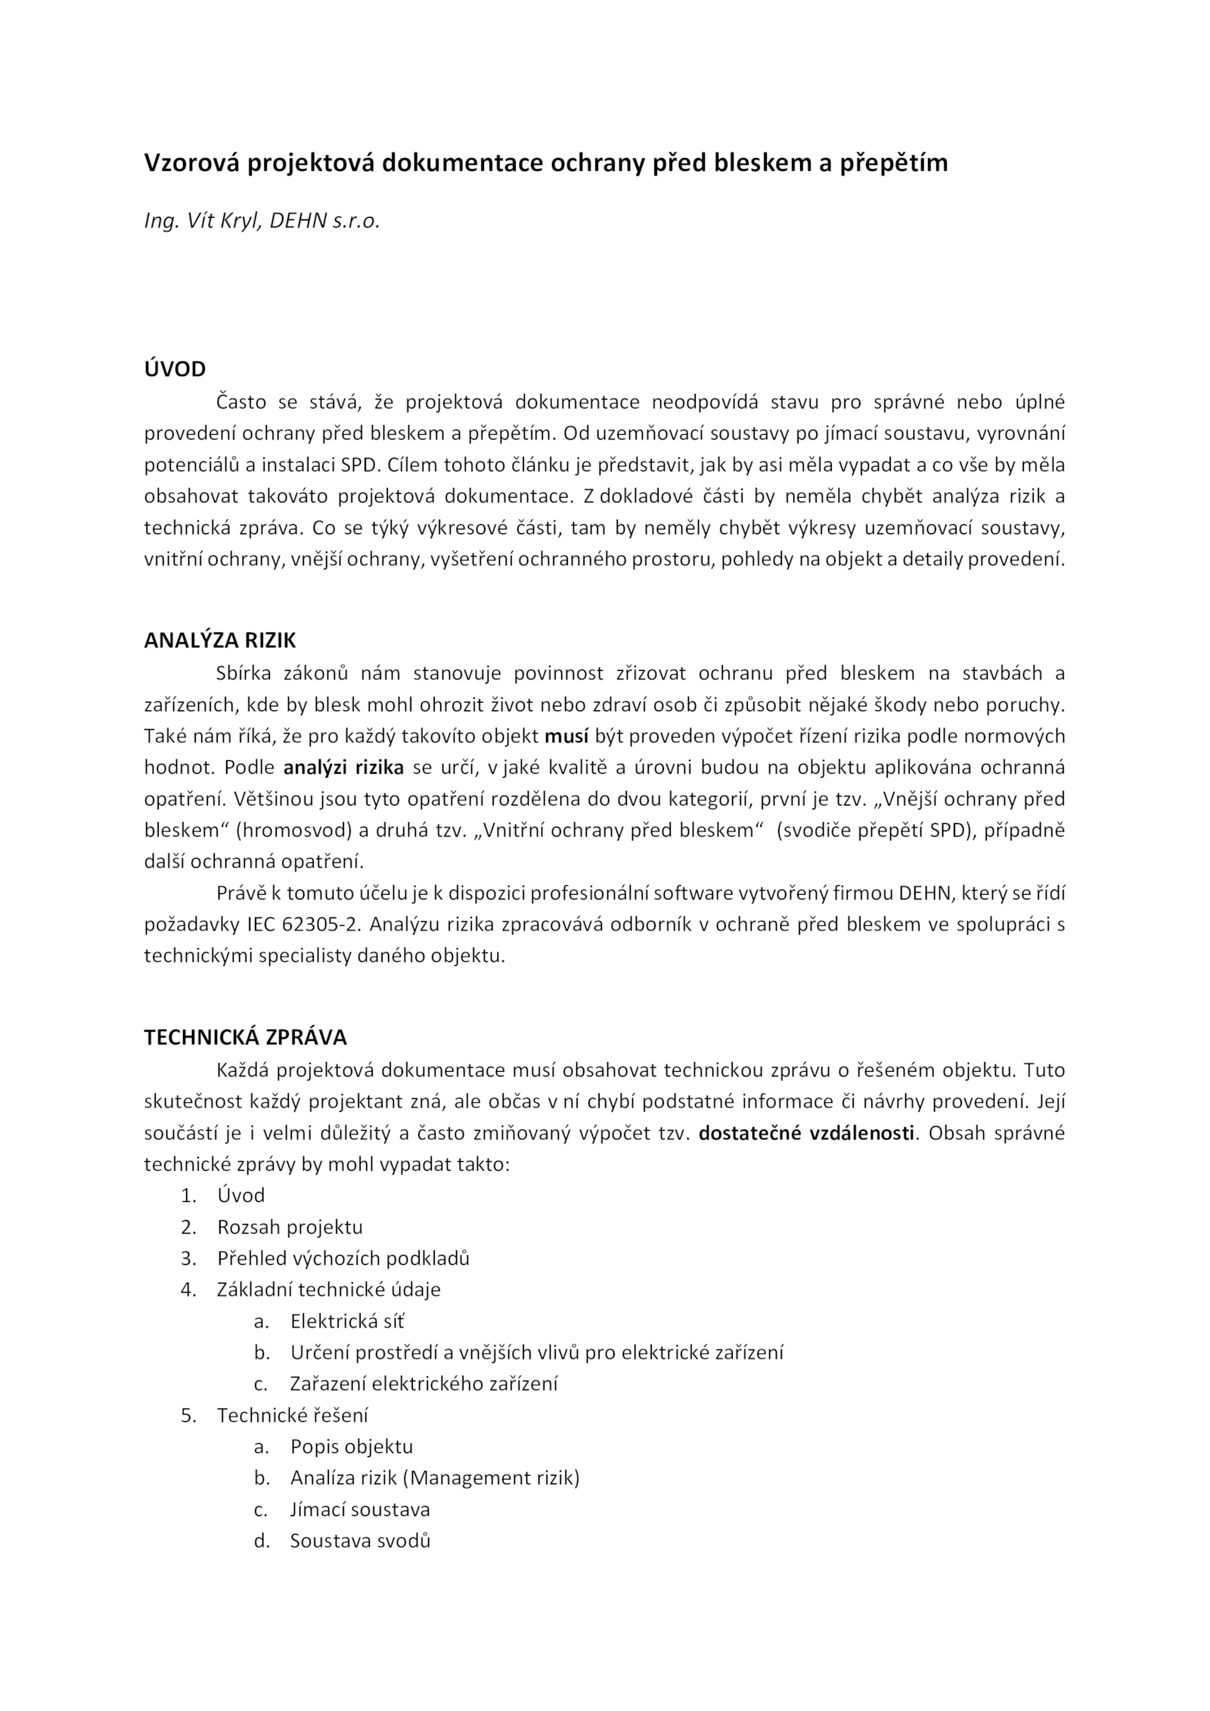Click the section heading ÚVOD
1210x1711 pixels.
click(x=175, y=369)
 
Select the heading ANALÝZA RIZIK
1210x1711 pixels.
click(x=219, y=641)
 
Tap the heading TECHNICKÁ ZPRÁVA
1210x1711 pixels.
click(x=245, y=1037)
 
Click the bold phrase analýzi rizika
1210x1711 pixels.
click(x=343, y=768)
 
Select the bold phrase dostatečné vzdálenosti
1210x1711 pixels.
click(x=806, y=1133)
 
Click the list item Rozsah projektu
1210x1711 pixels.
click(x=290, y=1227)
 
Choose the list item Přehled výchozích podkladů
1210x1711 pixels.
click(x=343, y=1258)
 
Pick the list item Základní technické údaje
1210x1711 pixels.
click(x=328, y=1290)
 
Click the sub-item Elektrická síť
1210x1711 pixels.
click(x=347, y=1321)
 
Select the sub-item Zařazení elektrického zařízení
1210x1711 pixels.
click(x=423, y=1384)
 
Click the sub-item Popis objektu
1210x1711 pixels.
click(x=352, y=1447)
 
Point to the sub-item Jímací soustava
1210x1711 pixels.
click(x=360, y=1510)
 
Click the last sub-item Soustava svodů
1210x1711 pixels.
click(x=360, y=1541)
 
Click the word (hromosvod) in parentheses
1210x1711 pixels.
click(x=293, y=830)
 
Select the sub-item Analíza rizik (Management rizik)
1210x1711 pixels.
click(x=435, y=1478)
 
